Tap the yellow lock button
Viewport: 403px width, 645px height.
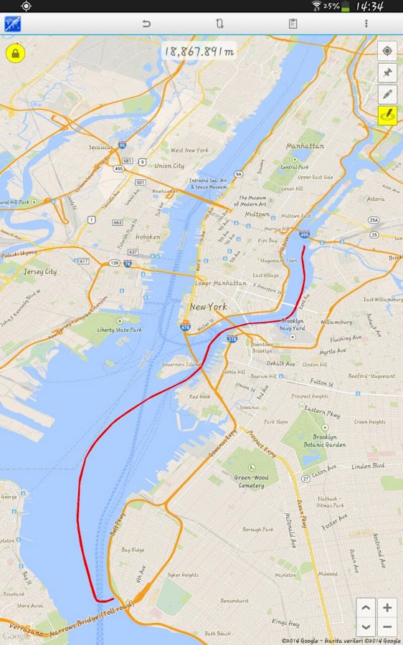coord(15,54)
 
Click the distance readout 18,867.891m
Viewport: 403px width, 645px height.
coord(199,51)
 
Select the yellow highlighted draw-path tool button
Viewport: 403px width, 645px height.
coord(387,115)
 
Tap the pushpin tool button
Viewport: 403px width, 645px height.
coord(387,72)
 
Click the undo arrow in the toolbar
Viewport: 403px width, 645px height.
coord(146,24)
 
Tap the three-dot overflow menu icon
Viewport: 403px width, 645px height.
coord(366,24)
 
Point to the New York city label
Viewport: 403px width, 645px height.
coord(208,307)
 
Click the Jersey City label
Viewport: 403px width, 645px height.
coord(40,272)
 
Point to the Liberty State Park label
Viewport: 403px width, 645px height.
coord(120,330)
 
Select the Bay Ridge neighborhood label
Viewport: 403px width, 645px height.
coord(133,550)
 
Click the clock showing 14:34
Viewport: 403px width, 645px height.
coord(369,6)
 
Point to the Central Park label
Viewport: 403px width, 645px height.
coord(294,167)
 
